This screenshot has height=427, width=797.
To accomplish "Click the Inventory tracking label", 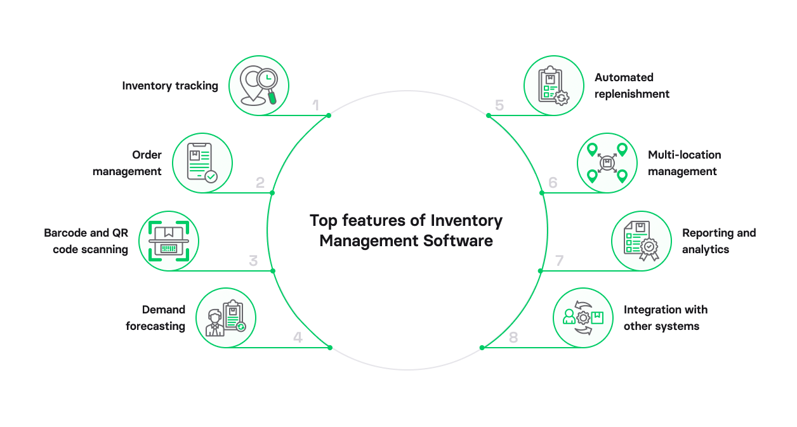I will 170,86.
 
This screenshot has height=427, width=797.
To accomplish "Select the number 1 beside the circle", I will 315,105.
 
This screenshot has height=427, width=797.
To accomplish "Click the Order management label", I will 127,163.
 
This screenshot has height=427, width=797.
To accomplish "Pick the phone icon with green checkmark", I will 202,163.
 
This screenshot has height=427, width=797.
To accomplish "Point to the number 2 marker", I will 260,183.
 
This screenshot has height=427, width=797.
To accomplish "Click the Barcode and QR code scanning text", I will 86,241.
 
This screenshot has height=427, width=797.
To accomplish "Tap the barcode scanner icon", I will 169,241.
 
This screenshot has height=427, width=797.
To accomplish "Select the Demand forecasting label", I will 155,318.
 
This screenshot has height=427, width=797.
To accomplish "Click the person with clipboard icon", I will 225,318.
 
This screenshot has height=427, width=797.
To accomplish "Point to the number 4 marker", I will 298,338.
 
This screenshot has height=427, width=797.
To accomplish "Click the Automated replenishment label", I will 631,86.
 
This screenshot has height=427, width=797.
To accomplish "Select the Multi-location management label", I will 684,163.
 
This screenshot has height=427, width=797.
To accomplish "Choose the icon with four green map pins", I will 607,163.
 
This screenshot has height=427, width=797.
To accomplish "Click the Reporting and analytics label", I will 718,241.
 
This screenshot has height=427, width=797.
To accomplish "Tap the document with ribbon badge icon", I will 641,241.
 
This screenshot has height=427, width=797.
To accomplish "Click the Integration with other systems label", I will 665,318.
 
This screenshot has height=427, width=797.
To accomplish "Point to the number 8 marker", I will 513,338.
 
